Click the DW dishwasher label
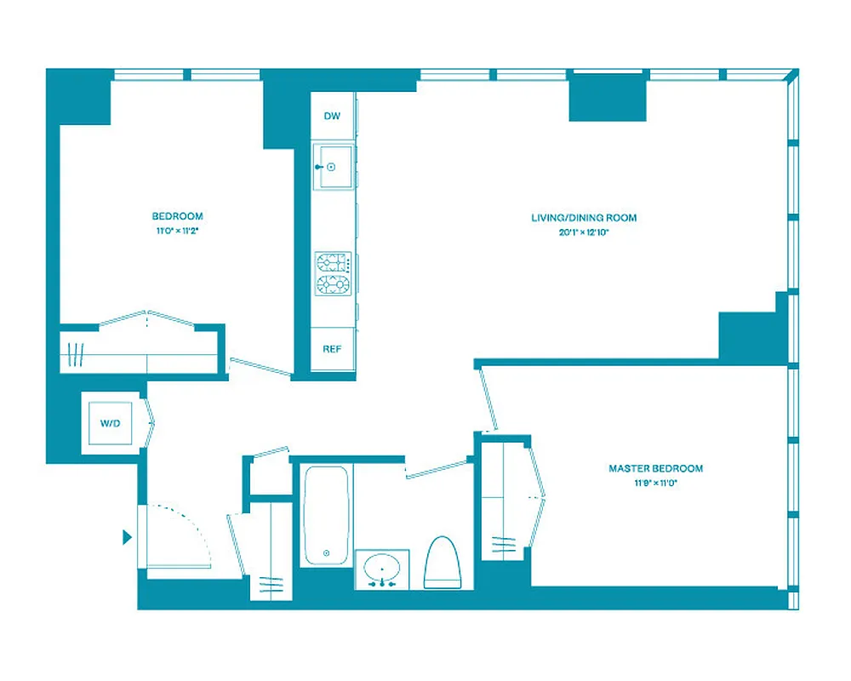332,116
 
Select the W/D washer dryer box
111,422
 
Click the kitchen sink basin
333,168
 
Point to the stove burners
333,273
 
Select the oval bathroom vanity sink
382,568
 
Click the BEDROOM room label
177,216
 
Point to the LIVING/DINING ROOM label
583,218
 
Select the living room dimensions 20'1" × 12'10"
583,232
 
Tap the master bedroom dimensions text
655,483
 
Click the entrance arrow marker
128,537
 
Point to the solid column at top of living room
608,97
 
